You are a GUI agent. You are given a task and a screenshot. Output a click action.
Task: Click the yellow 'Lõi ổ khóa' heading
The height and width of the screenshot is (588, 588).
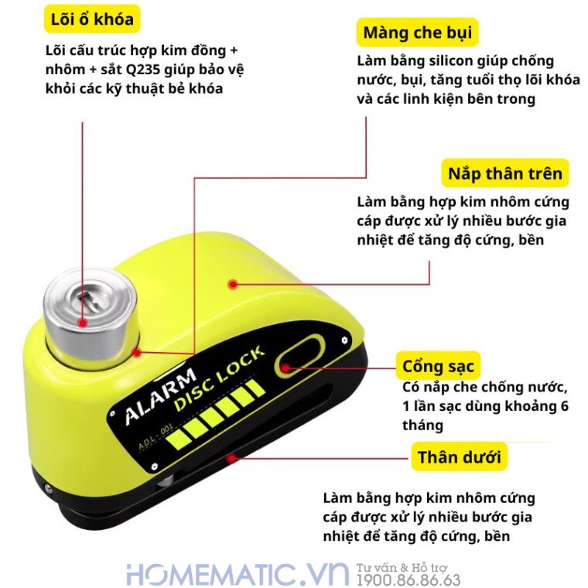(x=92, y=19)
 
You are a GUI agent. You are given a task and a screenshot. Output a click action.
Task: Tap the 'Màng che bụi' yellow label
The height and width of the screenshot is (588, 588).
(x=417, y=33)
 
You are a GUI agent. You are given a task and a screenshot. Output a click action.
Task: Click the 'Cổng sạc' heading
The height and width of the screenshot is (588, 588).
(x=438, y=365)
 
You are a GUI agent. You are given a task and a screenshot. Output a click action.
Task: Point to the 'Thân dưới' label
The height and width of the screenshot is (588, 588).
(x=459, y=457)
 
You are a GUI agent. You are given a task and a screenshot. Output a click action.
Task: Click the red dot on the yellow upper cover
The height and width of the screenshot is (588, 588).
(x=231, y=284)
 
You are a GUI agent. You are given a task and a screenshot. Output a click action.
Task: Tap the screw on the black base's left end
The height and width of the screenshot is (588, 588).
(x=49, y=489)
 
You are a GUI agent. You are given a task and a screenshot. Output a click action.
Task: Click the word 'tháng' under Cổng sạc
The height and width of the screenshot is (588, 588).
(x=422, y=425)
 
